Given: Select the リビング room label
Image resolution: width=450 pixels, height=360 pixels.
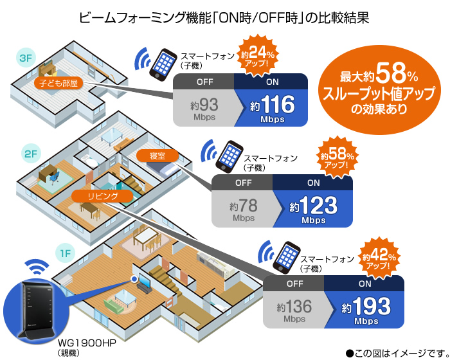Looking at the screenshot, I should click(94, 195).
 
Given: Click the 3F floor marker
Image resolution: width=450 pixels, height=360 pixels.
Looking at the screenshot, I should click(26, 59).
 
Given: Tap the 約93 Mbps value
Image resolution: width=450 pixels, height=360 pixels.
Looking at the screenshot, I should click(204, 107).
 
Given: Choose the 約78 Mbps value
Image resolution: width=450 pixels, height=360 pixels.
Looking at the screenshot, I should click(244, 208).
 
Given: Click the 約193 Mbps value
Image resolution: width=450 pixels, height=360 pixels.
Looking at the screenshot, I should click(364, 307).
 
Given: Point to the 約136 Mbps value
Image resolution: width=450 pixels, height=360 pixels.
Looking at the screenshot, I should click(294, 307).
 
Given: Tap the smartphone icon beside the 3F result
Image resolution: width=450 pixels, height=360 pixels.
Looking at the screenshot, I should click(163, 63).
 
